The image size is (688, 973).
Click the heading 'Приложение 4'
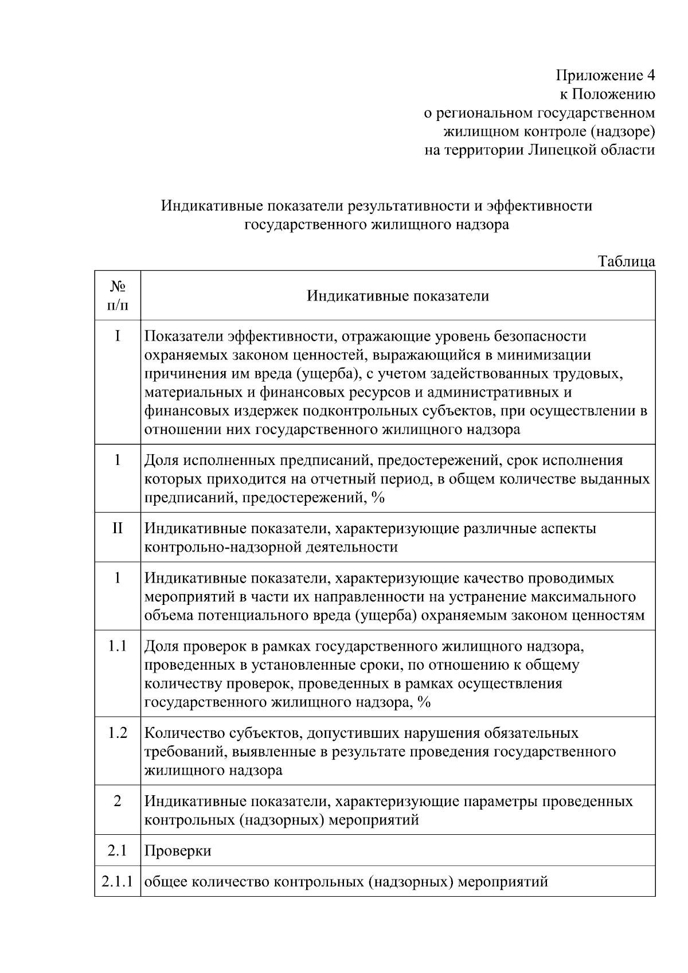605,76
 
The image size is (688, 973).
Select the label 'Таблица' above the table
627,261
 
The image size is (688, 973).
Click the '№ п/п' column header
118,295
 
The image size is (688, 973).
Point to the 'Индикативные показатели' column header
397,296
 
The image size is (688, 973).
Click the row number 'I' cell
118,336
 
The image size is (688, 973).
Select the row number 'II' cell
118,528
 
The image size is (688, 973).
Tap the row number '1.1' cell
118,646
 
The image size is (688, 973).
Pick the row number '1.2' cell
118,733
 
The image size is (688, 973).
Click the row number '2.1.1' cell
118,881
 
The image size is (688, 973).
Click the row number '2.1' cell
118,850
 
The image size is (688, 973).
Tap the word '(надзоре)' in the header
622,132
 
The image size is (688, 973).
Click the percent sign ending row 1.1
424,702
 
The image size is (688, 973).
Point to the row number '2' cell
118,802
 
